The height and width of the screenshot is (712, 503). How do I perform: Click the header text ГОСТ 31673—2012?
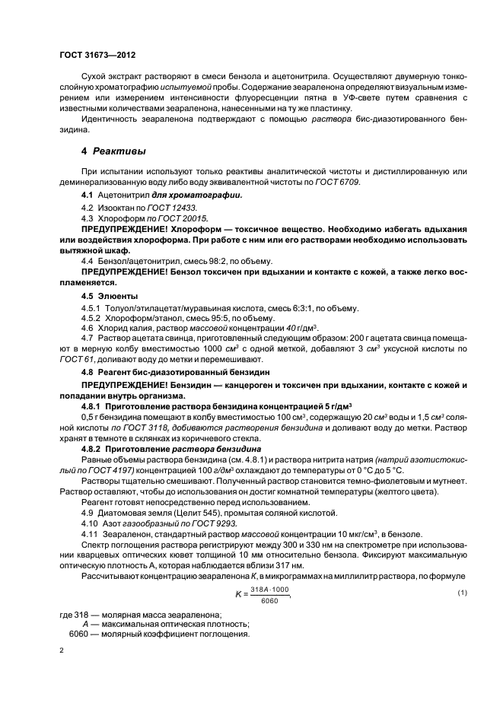click(x=97, y=56)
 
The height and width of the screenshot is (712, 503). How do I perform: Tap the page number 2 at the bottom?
click(x=62, y=650)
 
